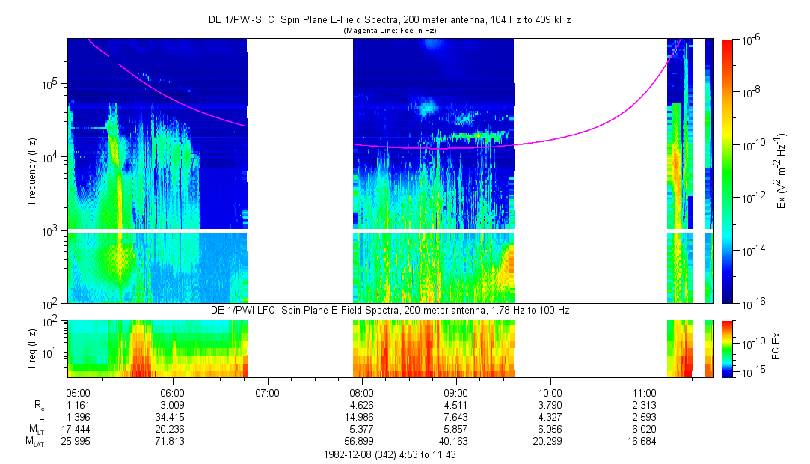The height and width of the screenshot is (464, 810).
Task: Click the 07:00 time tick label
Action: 267,392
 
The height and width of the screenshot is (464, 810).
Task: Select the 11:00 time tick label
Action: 645,392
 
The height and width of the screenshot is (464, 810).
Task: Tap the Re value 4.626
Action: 361,404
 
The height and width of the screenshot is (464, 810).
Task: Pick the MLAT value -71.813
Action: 172,441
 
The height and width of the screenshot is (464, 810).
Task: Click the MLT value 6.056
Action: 550,429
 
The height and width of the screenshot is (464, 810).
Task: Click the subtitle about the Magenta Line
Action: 389,31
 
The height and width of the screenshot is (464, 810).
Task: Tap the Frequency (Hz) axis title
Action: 32,171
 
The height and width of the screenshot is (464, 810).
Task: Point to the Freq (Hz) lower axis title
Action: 32,347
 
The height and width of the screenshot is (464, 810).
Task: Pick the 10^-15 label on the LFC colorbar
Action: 752,371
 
